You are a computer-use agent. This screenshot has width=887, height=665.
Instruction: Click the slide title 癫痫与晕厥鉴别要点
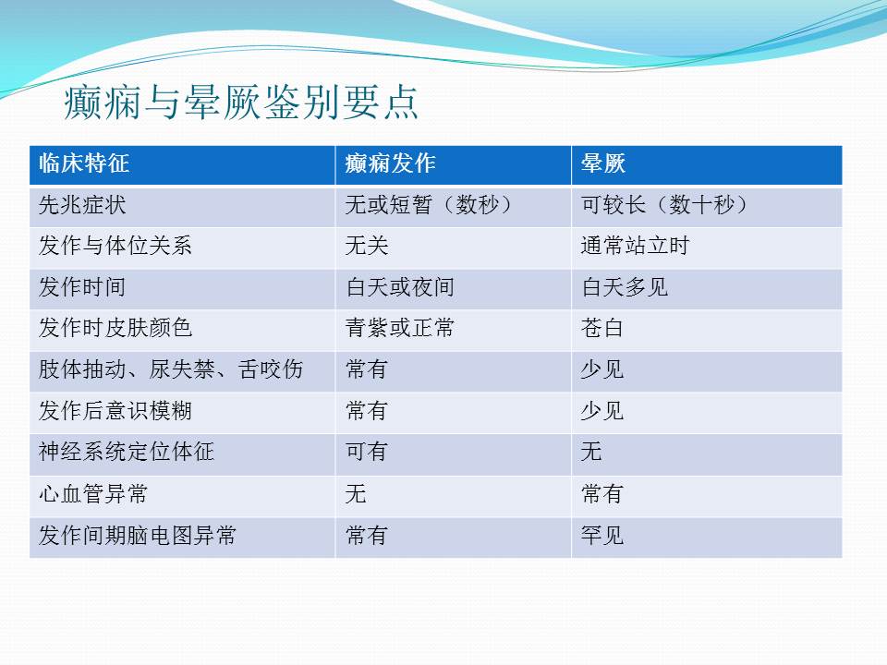(x=241, y=103)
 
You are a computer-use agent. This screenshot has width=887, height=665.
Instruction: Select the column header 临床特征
(x=84, y=163)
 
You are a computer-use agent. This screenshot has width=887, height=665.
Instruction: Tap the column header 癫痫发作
(x=390, y=163)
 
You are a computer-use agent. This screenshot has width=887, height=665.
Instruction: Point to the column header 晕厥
(x=603, y=163)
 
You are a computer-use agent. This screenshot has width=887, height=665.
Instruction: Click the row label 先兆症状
(x=82, y=205)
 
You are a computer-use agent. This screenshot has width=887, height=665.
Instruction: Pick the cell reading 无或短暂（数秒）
(x=429, y=205)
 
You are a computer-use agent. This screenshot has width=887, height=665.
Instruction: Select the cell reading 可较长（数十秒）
(x=664, y=205)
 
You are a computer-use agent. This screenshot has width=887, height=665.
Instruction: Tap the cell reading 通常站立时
(x=636, y=246)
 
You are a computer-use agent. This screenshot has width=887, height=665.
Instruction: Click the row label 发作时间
(x=82, y=287)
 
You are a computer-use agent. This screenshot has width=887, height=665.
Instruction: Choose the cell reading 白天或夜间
(x=400, y=287)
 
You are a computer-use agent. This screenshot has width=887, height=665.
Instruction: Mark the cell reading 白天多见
(x=625, y=287)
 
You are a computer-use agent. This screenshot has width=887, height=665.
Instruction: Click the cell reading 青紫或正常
(x=400, y=328)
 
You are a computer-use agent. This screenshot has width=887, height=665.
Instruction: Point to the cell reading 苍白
(x=601, y=328)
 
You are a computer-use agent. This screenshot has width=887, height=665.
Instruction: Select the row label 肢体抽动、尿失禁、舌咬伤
(x=172, y=369)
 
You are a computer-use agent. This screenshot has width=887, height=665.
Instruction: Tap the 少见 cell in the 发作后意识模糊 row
(x=602, y=411)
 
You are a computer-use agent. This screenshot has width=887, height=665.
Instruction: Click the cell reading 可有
(x=367, y=452)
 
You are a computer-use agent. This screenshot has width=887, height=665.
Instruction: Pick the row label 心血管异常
(x=93, y=493)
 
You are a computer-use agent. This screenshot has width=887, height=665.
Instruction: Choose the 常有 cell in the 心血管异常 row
(x=602, y=493)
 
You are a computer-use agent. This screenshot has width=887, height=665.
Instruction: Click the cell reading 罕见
(x=602, y=535)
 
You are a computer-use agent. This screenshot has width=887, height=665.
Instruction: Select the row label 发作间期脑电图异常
(x=138, y=535)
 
